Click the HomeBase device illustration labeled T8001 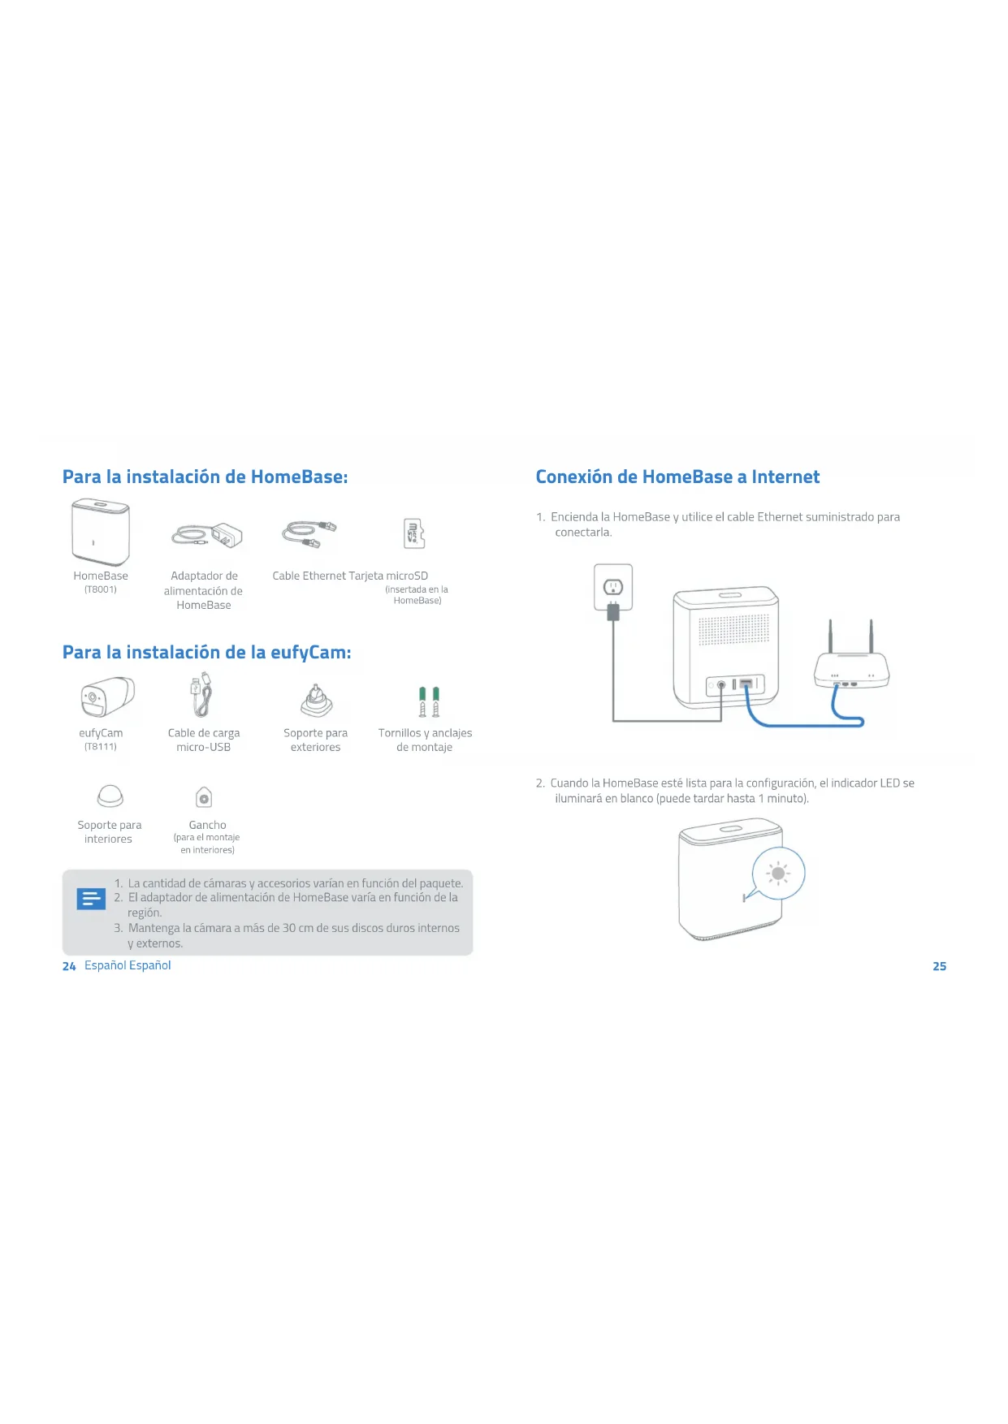tap(101, 533)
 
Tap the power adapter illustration tap(207, 536)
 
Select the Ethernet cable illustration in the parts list tap(309, 533)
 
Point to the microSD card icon tap(414, 533)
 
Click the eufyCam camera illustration tap(107, 697)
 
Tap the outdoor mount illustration tap(316, 701)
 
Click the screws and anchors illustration tap(429, 701)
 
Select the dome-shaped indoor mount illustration tap(110, 796)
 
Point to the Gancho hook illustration tap(204, 798)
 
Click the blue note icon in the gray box tap(91, 899)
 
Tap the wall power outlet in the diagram tap(613, 586)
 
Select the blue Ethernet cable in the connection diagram tap(804, 723)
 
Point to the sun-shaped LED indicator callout tap(778, 874)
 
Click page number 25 tap(939, 966)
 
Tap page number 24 tap(69, 966)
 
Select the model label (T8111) tap(101, 747)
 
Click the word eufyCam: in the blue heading tap(310, 653)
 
